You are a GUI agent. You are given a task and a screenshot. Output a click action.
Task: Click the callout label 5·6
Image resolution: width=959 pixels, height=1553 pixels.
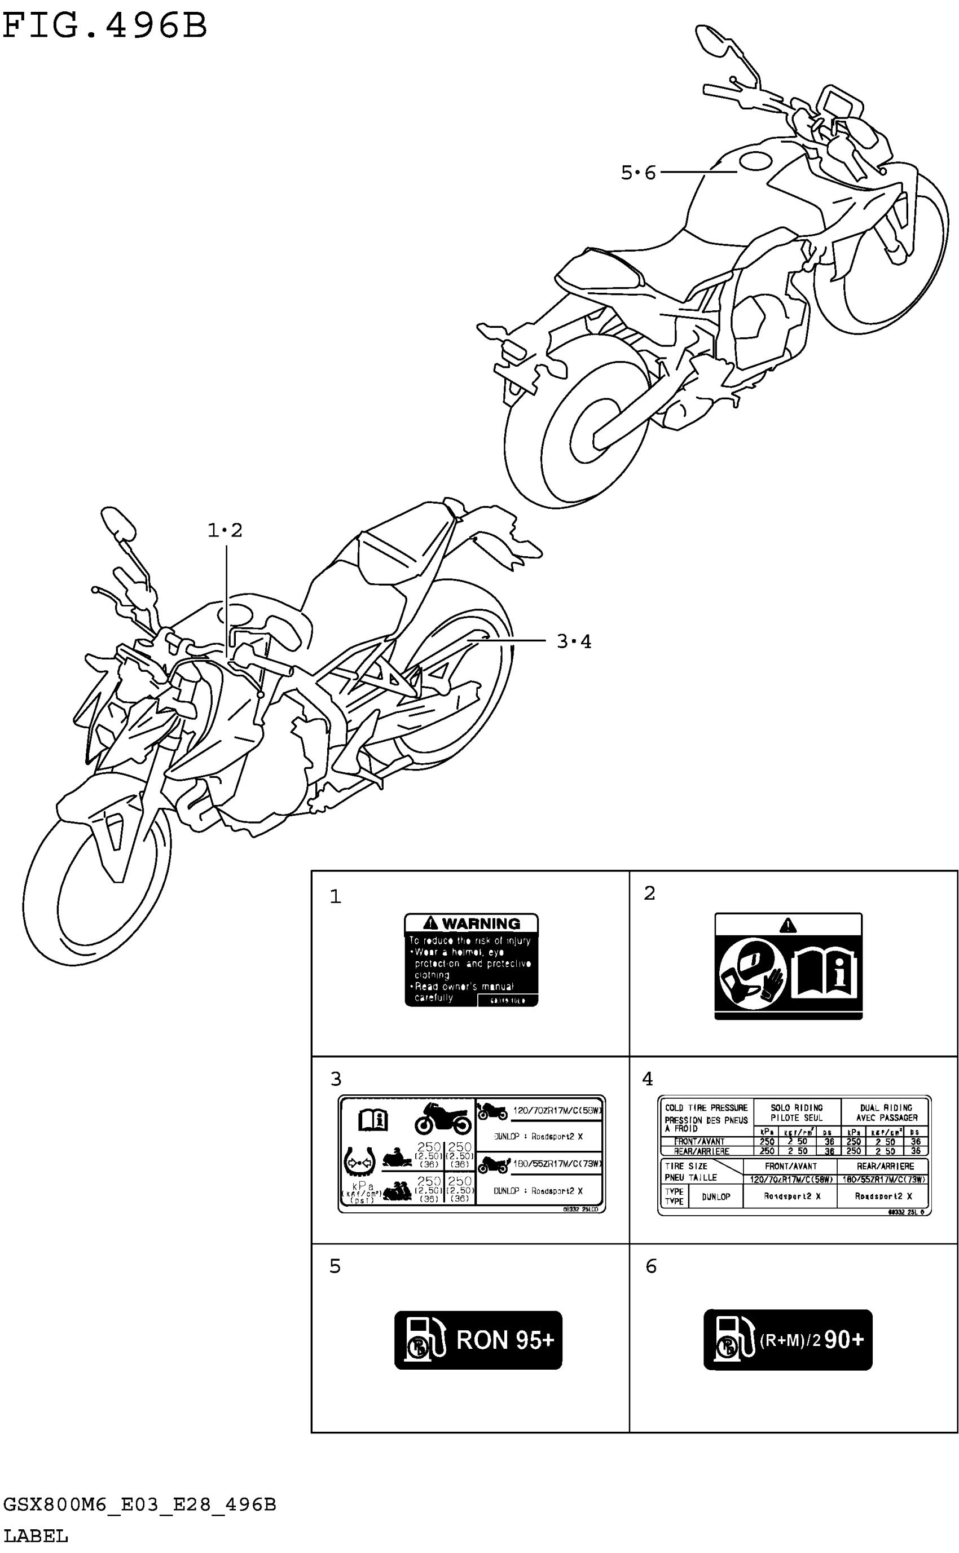pyautogui.click(x=638, y=173)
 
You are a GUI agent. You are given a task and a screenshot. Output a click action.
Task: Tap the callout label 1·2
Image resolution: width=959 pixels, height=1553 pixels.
pyautogui.click(x=225, y=530)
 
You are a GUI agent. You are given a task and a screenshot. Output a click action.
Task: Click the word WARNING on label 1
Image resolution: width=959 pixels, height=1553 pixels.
pyautogui.click(x=481, y=923)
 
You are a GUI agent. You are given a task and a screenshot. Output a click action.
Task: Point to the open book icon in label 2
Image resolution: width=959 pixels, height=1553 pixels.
pyautogui.click(x=825, y=972)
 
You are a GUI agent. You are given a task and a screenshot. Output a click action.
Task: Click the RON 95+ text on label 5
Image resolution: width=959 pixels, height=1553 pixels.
pyautogui.click(x=505, y=1340)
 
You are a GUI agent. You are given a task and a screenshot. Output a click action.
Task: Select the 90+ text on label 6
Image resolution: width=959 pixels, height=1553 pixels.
pyautogui.click(x=843, y=1339)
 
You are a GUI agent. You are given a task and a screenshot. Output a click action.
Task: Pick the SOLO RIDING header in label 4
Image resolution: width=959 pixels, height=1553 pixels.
pyautogui.click(x=797, y=1112)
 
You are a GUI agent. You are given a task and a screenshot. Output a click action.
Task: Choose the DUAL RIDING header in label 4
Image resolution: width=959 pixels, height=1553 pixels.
pyautogui.click(x=886, y=1112)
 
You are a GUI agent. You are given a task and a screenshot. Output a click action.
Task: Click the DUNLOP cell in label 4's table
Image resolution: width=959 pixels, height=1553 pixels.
pyautogui.click(x=715, y=1196)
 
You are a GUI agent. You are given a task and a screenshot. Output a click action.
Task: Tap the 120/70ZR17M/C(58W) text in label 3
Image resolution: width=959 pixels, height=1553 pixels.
pyautogui.click(x=557, y=1110)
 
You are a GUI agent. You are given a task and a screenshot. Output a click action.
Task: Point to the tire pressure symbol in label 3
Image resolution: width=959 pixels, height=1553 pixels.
pyautogui.click(x=359, y=1162)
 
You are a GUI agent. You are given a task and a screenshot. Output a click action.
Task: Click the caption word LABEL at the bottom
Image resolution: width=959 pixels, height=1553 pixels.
pyautogui.click(x=36, y=1536)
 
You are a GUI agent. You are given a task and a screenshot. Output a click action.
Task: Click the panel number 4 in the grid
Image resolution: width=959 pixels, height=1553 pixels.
pyautogui.click(x=647, y=1079)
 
